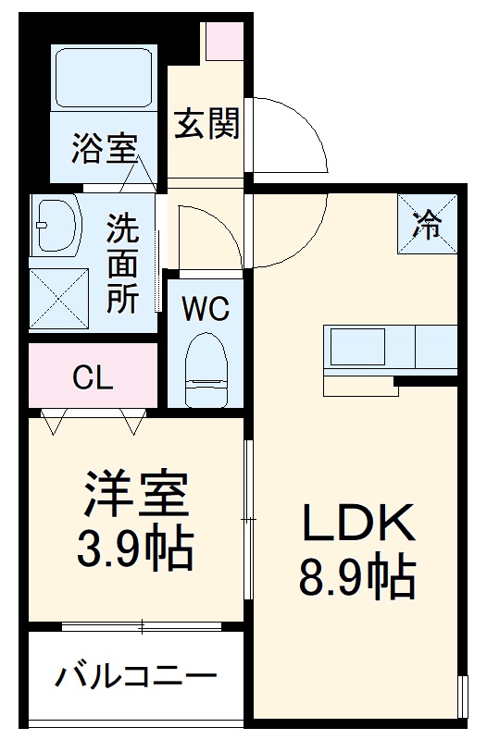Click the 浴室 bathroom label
tap(104, 149)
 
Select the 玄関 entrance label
tap(206, 124)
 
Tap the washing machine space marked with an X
tap(58, 299)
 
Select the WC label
tap(205, 309)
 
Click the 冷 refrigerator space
tap(427, 225)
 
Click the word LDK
tap(356, 526)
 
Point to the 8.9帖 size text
tap(356, 578)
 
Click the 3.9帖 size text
tap(135, 549)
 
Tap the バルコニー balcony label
tap(135, 676)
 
